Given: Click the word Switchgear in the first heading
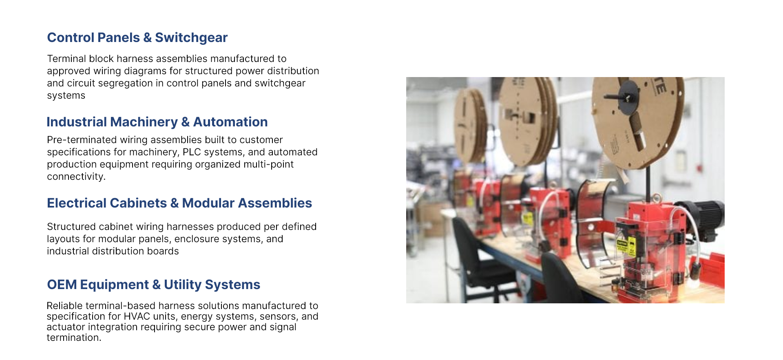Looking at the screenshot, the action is point(191,38).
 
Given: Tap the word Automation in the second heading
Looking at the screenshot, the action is point(230,122).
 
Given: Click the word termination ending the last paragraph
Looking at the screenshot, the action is point(73,338).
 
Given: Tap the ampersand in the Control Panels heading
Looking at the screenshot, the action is point(147,38).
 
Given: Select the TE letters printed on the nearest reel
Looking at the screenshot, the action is point(660,86).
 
